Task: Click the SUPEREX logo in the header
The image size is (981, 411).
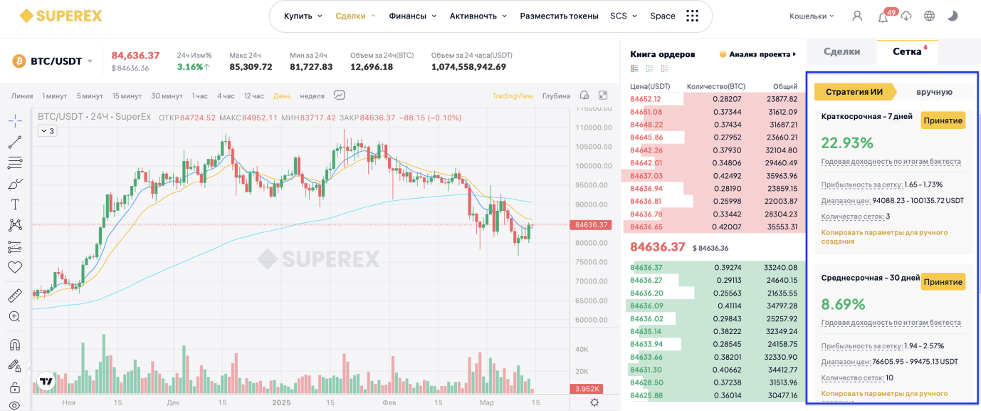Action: (61, 16)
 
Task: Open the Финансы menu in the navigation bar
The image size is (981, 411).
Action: (412, 16)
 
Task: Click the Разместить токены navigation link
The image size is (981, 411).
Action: (559, 16)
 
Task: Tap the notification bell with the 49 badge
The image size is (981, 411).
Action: (883, 17)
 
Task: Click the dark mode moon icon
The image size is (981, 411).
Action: (953, 16)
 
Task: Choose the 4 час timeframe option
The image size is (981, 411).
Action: (226, 96)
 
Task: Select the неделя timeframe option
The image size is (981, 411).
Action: (312, 96)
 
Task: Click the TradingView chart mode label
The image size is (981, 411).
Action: (513, 96)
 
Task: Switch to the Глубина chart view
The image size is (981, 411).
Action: (556, 96)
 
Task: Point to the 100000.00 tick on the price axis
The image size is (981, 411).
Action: (594, 166)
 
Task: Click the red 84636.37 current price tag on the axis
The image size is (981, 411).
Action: (591, 225)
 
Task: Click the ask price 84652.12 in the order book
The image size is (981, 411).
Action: (645, 99)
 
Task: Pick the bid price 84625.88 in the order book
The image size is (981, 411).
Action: (646, 395)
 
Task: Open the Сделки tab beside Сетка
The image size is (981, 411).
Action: (841, 52)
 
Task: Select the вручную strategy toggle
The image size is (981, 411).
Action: (934, 92)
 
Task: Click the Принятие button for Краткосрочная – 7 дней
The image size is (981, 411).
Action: (943, 120)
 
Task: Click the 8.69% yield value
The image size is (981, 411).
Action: (843, 304)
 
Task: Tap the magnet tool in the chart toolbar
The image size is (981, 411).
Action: (15, 345)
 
